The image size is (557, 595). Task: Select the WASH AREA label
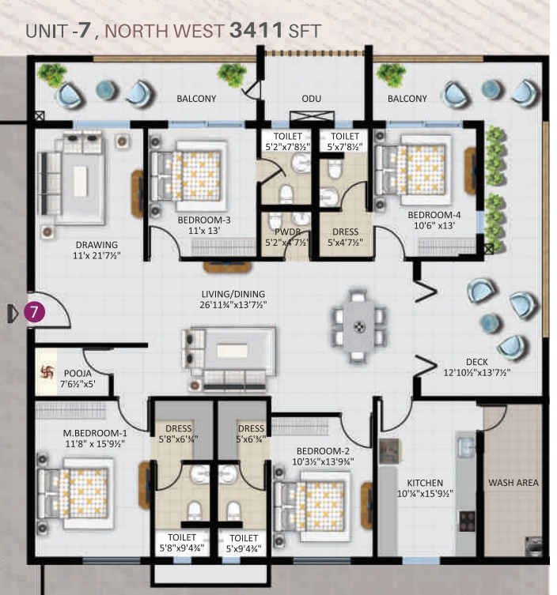pyautogui.click(x=512, y=483)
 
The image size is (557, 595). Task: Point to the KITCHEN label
pyautogui.click(x=425, y=483)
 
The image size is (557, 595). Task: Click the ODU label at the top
pyautogui.click(x=311, y=99)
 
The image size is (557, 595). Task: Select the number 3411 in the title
pyautogui.click(x=258, y=32)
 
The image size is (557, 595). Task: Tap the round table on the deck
pyautogui.click(x=491, y=322)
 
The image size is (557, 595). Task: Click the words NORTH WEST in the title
pyautogui.click(x=165, y=32)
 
